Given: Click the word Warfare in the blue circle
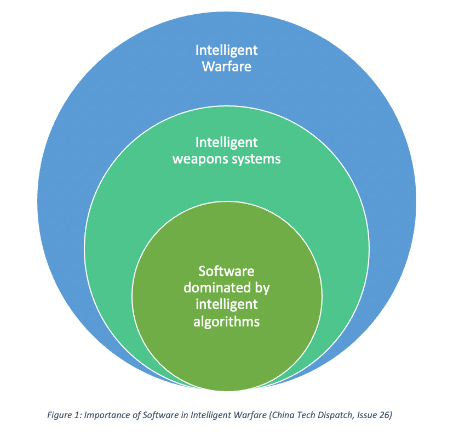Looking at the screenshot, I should click(x=227, y=67).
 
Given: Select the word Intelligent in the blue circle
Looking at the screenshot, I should click(x=227, y=50).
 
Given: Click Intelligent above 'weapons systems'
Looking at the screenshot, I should click(x=227, y=143).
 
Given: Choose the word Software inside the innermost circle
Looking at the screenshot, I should click(x=227, y=271).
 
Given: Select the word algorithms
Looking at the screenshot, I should click(x=227, y=321).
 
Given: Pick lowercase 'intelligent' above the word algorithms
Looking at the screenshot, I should click(x=227, y=304).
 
